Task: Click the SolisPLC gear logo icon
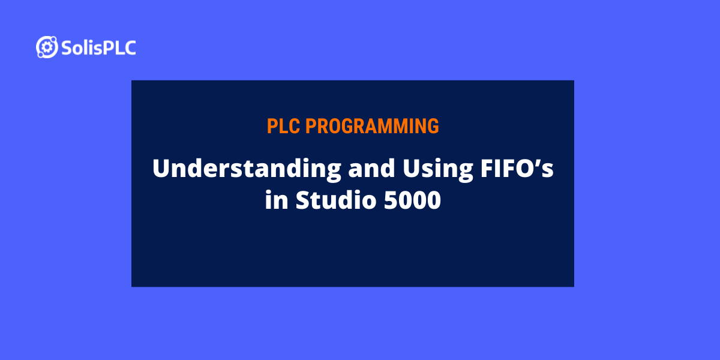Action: (47, 47)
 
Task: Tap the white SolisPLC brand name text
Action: (98, 47)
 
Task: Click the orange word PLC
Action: (284, 126)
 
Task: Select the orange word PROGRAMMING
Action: (372, 126)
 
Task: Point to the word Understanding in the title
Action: (246, 169)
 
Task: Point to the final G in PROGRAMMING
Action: (433, 126)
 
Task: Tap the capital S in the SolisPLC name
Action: (66, 48)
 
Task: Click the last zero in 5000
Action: (433, 200)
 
